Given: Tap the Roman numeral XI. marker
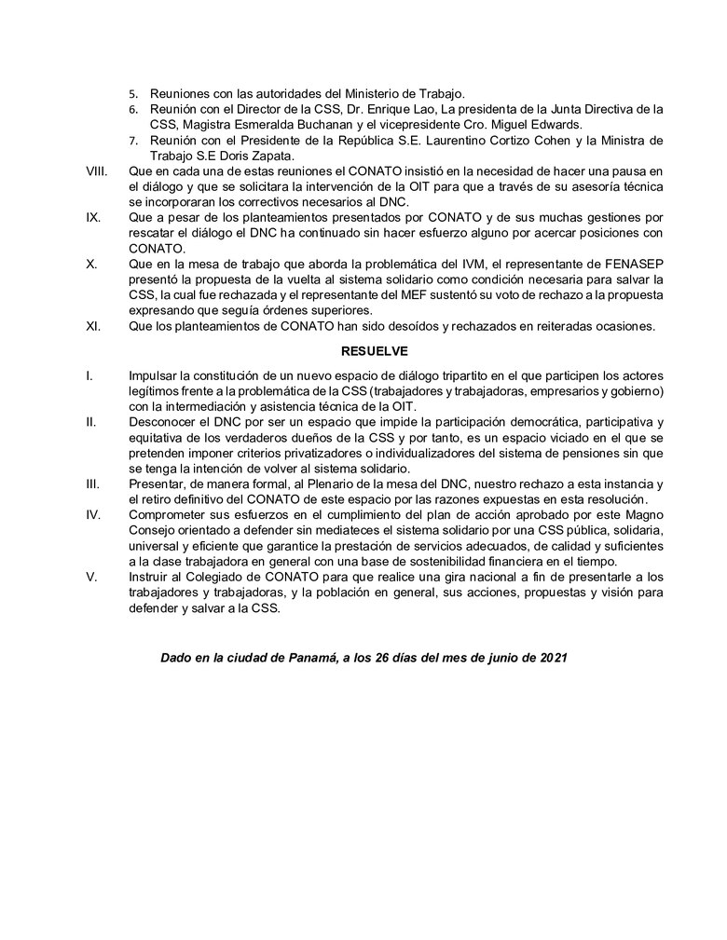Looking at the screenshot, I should (92, 325).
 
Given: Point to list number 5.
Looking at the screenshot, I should (133, 94).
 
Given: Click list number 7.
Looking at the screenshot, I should (133, 141).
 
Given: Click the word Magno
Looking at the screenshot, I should (643, 514).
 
